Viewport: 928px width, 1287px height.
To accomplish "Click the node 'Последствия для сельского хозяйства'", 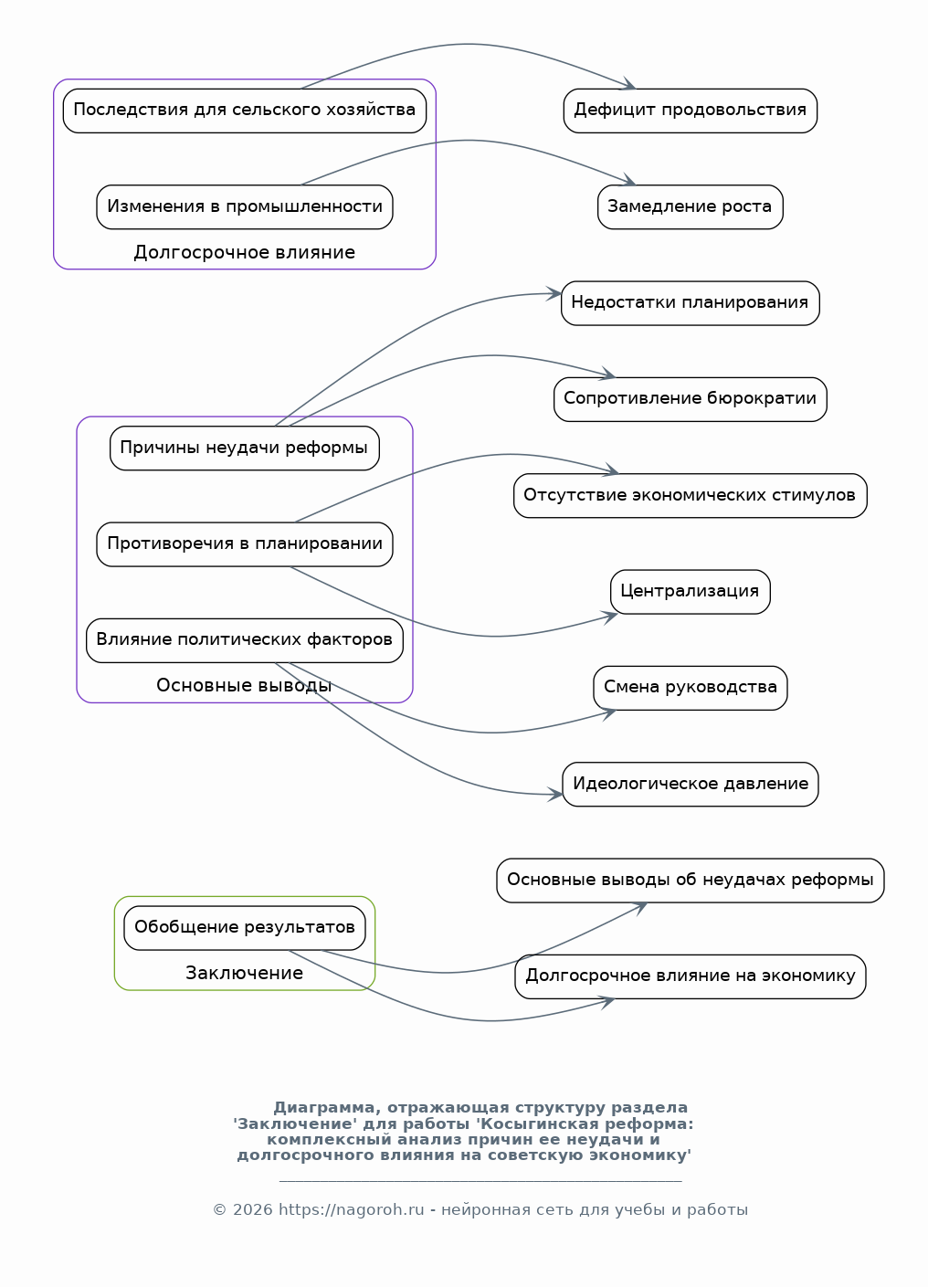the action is point(244,111).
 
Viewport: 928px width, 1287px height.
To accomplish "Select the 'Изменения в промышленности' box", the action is point(244,206).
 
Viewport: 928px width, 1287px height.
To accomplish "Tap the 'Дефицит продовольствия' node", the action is point(691,111).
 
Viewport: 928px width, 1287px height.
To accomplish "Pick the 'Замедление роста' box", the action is point(691,206).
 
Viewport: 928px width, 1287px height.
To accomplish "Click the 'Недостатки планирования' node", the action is point(691,303).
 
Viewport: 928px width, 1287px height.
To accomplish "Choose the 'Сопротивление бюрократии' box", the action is point(691,399).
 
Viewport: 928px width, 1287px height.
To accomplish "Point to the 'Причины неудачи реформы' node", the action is point(244,448).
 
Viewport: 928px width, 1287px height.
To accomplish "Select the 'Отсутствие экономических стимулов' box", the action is point(691,496).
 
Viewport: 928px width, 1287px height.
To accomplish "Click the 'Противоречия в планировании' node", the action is point(244,544).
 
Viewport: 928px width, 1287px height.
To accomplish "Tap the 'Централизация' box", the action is point(691,592).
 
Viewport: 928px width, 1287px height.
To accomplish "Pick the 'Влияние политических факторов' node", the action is point(244,640).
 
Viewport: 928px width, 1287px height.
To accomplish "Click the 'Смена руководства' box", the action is point(691,689).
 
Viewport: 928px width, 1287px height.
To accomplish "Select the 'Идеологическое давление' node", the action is point(691,785).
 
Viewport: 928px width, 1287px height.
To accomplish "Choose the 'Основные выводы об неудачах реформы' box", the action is point(691,881).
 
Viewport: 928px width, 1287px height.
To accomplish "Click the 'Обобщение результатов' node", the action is point(244,928).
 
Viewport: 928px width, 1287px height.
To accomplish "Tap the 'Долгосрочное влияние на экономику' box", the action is point(691,976).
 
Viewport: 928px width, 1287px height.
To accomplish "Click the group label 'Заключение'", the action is point(244,974).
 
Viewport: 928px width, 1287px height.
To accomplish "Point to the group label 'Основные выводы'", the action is point(244,685).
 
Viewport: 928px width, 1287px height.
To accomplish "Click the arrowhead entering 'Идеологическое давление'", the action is point(555,795).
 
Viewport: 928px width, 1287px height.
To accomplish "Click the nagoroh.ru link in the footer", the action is point(351,1209).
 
